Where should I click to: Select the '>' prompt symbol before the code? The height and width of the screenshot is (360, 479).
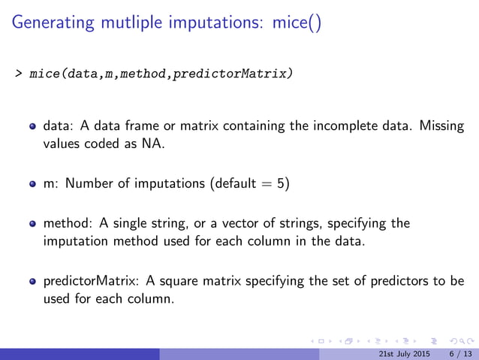click(18, 75)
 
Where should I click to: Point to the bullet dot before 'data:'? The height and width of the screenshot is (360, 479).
click(34, 127)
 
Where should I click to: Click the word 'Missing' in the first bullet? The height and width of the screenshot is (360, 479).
click(442, 126)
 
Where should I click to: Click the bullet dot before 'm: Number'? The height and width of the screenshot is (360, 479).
click(34, 185)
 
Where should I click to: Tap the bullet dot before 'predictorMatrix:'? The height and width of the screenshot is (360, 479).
click(34, 282)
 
